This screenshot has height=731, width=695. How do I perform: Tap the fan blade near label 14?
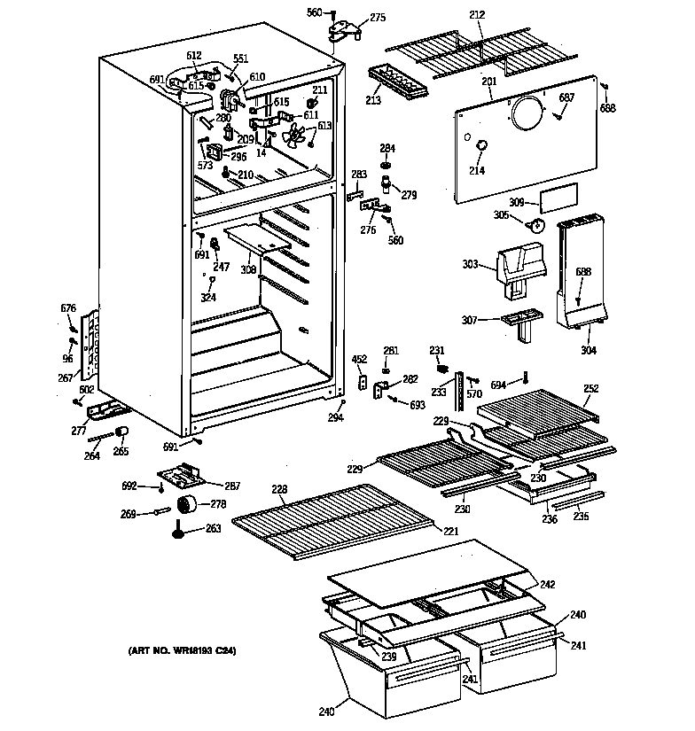tap(294, 136)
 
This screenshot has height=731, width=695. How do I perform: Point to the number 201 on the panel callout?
tap(488, 82)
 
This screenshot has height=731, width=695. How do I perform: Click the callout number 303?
tap(471, 264)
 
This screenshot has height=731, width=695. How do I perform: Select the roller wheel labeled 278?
tap(187, 506)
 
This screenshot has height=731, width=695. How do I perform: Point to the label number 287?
tap(232, 486)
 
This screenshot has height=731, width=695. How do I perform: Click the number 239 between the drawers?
tap(388, 656)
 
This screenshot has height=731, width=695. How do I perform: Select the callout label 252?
tap(591, 388)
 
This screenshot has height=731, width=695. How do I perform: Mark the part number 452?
tap(358, 359)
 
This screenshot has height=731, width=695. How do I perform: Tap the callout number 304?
tap(589, 350)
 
